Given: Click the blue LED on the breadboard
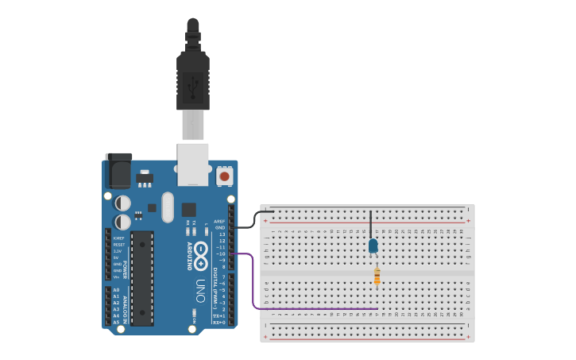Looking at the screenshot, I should coord(373,246).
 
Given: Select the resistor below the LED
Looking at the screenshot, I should coord(377,277).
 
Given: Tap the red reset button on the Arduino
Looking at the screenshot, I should coord(225,176).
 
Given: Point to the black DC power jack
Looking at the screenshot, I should coord(118,170).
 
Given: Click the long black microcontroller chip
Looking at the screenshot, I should coord(142,277).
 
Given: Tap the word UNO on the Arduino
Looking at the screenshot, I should coord(200,289).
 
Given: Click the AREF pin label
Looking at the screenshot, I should coord(220,222).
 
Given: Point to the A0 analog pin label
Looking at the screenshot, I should coord(117,290).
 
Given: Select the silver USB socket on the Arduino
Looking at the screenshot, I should coord(193,164).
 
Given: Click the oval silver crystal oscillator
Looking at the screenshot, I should coord(167,207).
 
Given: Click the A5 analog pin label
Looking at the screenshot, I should coord(117,322).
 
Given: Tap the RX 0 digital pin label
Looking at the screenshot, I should coord(220,323).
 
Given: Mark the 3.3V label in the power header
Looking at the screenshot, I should coord(118,251).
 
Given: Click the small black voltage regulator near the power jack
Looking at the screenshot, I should coord(145,178).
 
